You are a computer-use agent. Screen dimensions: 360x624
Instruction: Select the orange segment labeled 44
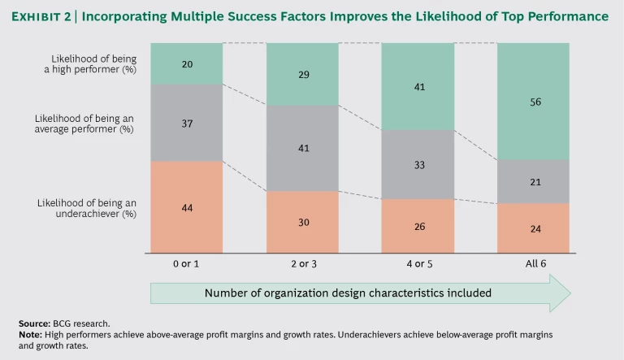186,207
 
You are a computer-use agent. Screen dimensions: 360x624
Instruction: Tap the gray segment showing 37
186,123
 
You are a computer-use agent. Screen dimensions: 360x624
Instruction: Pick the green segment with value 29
302,74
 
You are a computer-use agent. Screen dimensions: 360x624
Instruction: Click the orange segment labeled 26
418,225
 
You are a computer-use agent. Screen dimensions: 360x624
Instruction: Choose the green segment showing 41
418,86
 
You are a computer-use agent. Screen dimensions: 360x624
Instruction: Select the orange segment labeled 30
302,221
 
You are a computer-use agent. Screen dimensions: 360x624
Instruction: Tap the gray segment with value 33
418,164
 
